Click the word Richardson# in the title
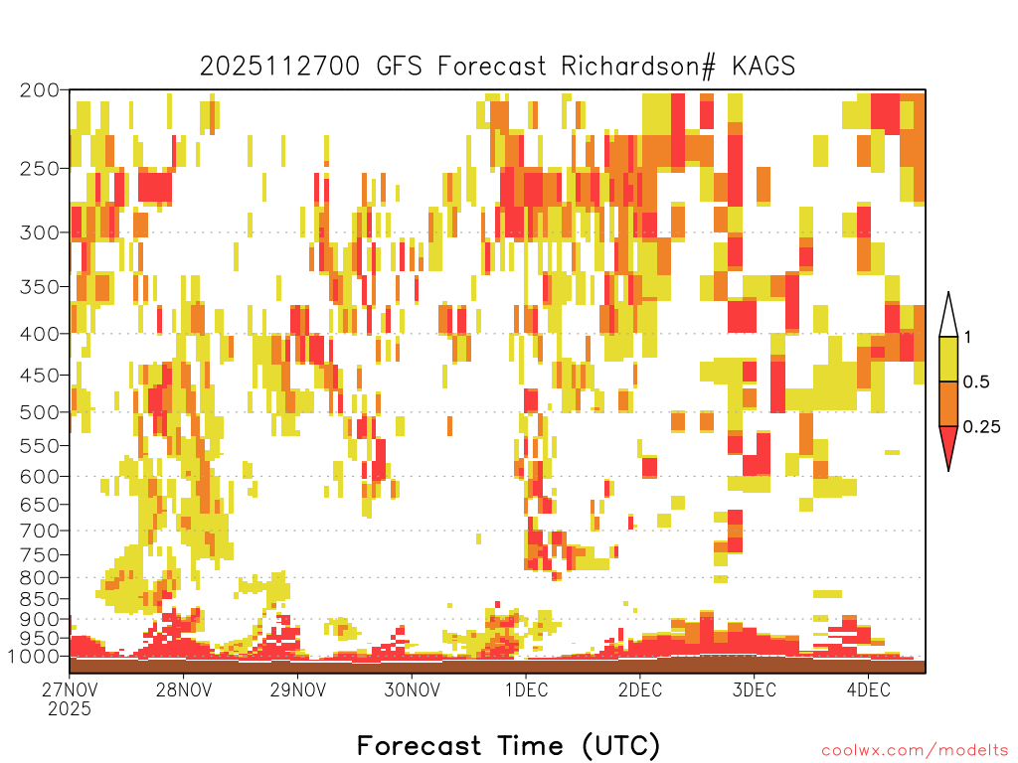(x=638, y=67)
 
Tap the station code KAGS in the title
(x=763, y=67)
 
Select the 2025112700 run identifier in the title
(x=279, y=67)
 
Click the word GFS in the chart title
(x=399, y=67)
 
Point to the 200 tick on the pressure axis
(x=40, y=90)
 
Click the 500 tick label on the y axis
(x=40, y=412)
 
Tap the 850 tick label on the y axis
(x=40, y=599)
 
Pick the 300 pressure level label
(x=40, y=232)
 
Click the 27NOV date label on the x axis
(x=70, y=689)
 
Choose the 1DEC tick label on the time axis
(x=526, y=689)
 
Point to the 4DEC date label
(x=869, y=689)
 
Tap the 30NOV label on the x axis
(x=412, y=689)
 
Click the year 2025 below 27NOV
(x=70, y=708)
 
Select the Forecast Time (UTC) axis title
(x=508, y=745)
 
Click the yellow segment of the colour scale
(x=948, y=359)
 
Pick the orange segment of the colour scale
(x=948, y=403)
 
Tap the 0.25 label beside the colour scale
(x=981, y=426)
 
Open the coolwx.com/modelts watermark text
(x=915, y=751)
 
